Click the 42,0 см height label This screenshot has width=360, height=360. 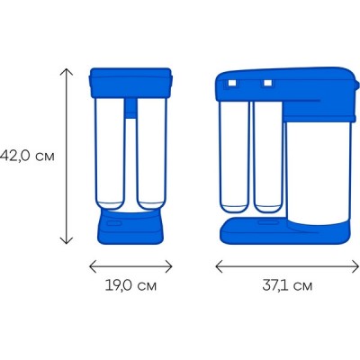click(27, 156)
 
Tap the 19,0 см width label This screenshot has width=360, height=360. click(130, 285)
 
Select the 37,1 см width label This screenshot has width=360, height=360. click(287, 285)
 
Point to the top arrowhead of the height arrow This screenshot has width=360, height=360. click(67, 72)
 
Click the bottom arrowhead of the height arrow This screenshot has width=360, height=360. click(67, 240)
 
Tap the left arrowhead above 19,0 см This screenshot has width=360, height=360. click(94, 266)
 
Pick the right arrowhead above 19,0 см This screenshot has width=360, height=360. click(168, 266)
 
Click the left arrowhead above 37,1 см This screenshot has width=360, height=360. click(220, 266)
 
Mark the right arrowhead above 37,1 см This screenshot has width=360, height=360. click(355, 266)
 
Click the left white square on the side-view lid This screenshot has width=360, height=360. click(232, 83)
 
